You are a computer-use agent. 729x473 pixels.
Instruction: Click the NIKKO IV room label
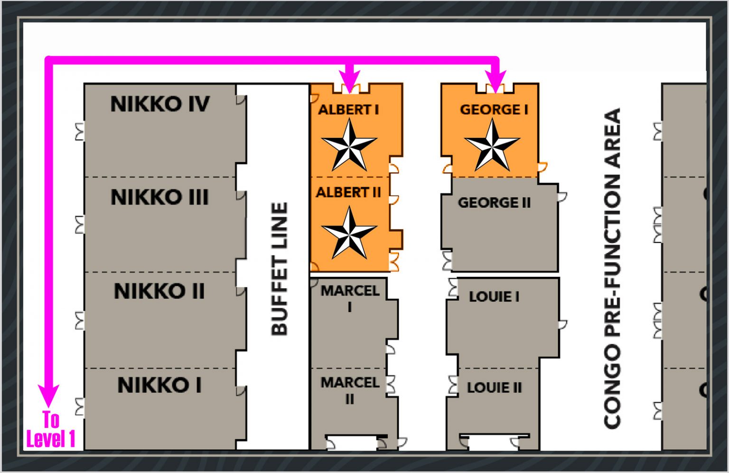tap(160, 104)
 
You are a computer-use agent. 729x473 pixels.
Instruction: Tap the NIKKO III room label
tap(160, 197)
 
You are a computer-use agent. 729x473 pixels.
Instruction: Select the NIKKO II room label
tap(159, 291)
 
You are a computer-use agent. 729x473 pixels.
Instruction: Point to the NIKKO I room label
tap(159, 385)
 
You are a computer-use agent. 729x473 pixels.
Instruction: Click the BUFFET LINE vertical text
tap(280, 269)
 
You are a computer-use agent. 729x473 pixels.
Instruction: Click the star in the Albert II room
tap(349, 233)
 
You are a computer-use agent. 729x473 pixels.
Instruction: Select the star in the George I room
tap(492, 145)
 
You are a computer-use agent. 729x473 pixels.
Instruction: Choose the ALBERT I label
tap(349, 110)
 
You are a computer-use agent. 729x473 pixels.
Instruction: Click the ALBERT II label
tap(349, 192)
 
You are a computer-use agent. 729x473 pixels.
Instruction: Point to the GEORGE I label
tap(494, 110)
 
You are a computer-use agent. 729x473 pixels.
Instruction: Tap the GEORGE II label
tap(494, 203)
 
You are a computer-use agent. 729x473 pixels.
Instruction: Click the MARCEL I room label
tap(350, 298)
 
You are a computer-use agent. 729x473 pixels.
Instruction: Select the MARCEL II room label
tap(350, 390)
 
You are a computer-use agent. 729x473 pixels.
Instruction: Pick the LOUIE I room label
tap(494, 297)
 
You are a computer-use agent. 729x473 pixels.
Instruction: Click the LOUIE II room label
tap(494, 388)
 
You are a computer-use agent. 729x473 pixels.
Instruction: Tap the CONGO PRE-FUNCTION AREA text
tap(612, 268)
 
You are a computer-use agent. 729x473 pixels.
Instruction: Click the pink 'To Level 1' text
tap(51, 430)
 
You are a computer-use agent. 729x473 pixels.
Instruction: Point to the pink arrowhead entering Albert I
tap(350, 79)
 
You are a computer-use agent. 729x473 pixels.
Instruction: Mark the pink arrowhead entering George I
tap(496, 79)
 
